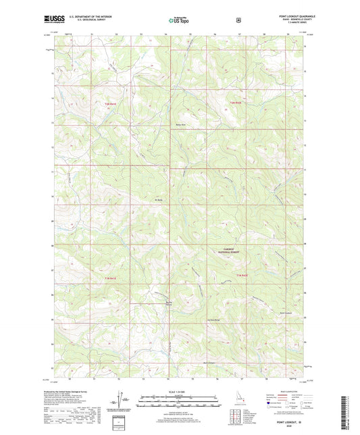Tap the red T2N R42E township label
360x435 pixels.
coord(234,102)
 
